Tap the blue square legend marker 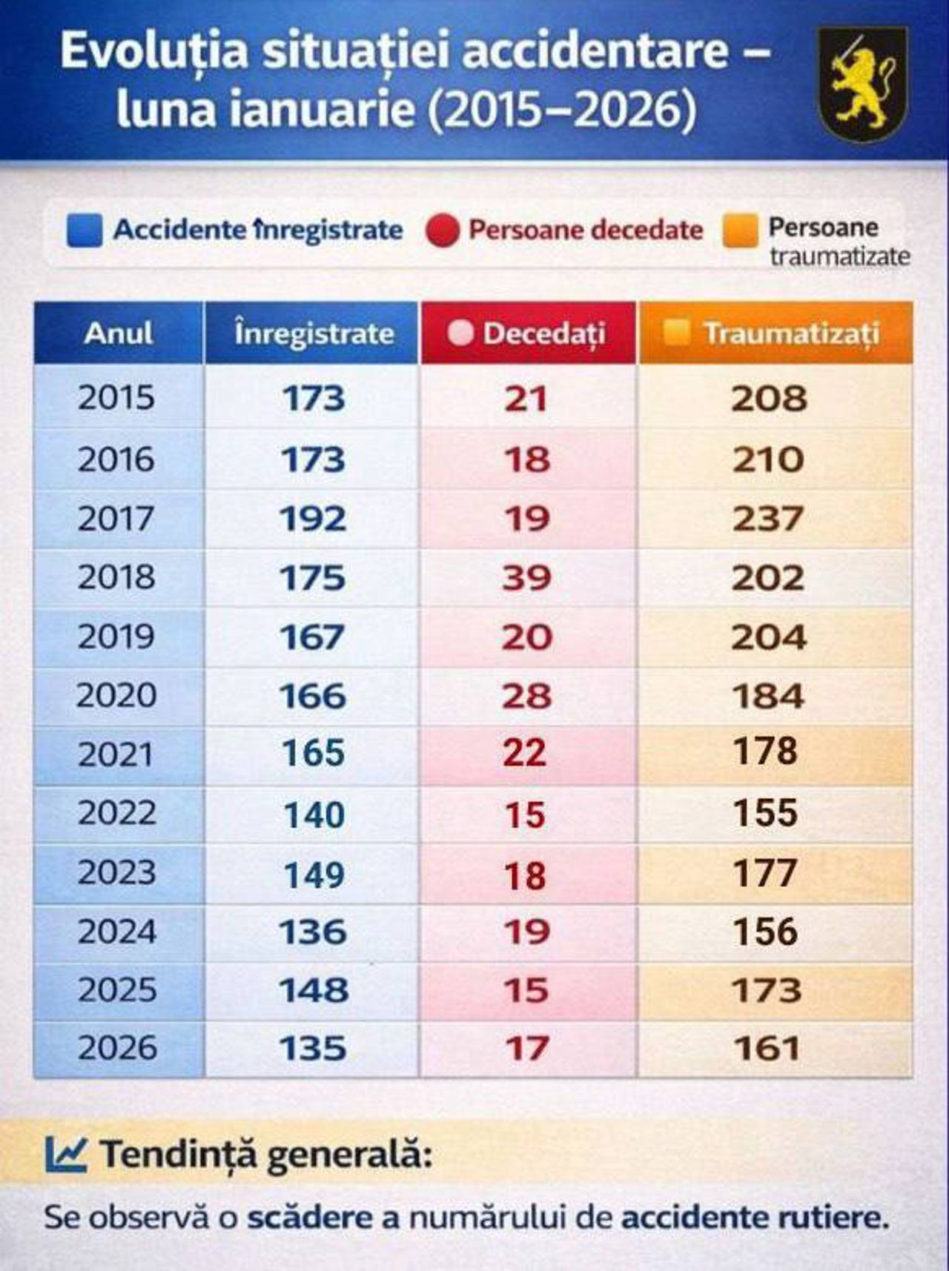(x=84, y=230)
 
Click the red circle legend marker (x=443, y=230)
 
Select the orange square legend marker (x=740, y=230)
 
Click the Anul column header (x=119, y=333)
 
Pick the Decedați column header (x=528, y=333)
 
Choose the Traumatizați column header (x=776, y=333)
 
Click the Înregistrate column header (x=313, y=333)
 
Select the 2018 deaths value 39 (x=526, y=578)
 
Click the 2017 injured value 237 (x=768, y=519)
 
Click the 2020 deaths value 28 (x=526, y=696)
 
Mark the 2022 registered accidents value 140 (x=314, y=815)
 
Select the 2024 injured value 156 (x=765, y=932)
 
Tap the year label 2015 (x=116, y=398)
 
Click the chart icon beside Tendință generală (x=66, y=1154)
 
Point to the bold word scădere (x=310, y=1218)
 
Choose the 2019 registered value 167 (x=312, y=637)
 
